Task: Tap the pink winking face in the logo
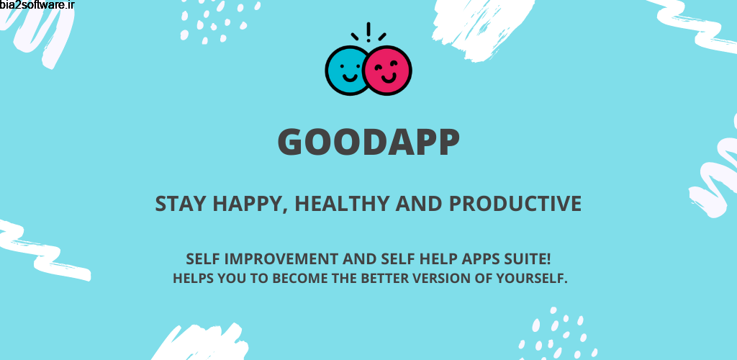pos(388,71)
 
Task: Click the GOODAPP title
pos(368,143)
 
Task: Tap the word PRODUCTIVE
pos(515,204)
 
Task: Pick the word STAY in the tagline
pos(180,204)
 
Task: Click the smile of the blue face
pos(348,76)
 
